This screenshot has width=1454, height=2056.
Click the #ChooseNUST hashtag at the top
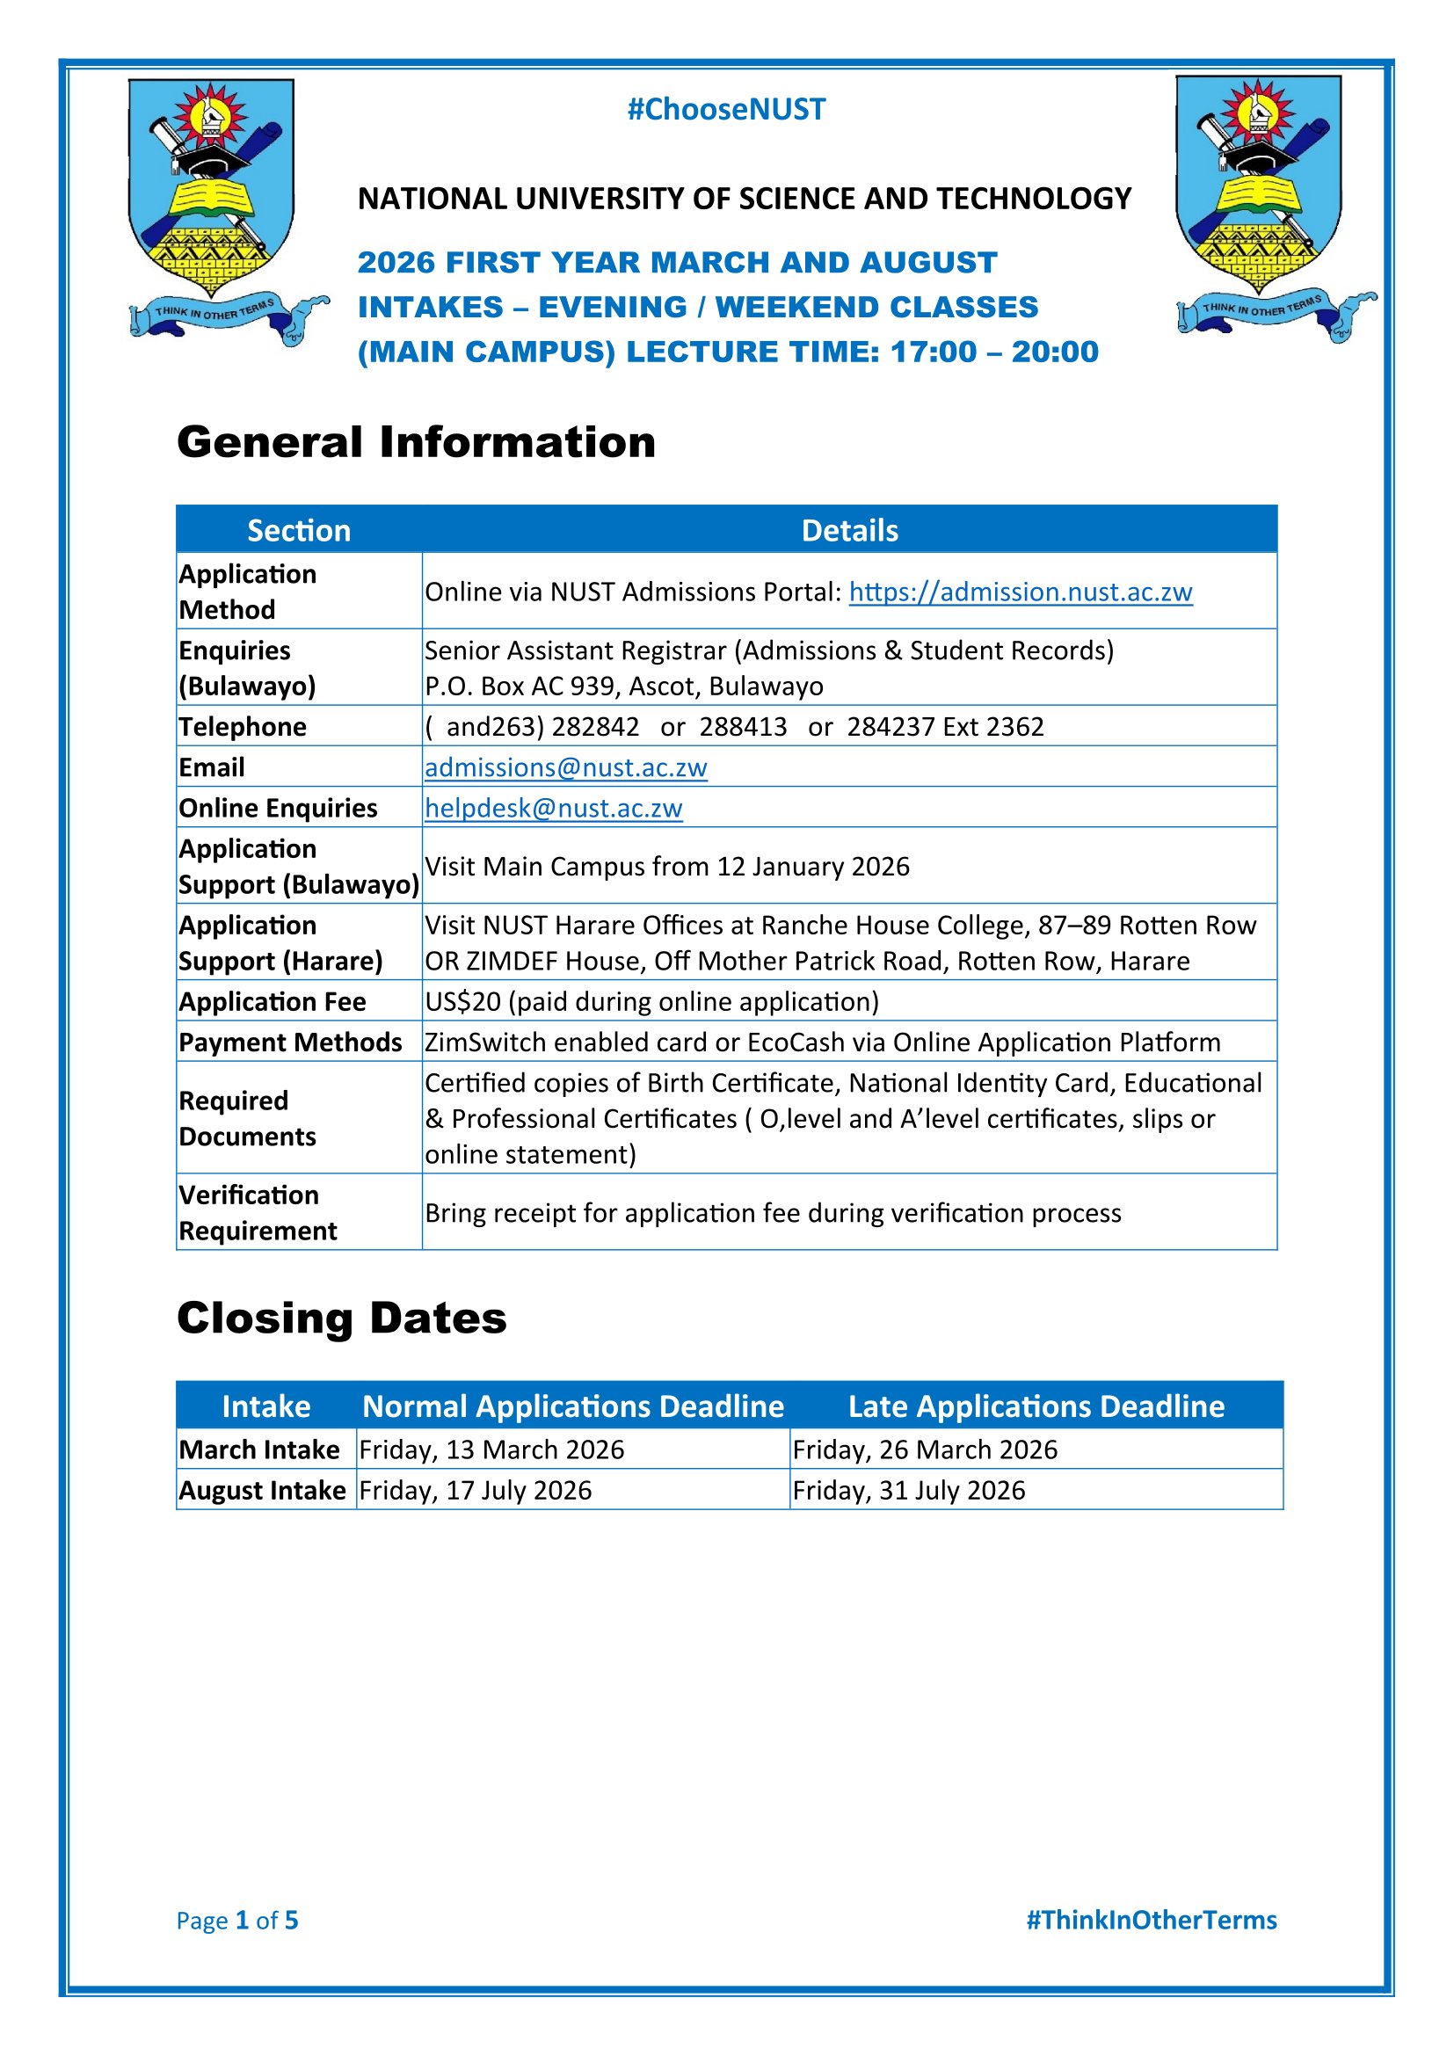726,109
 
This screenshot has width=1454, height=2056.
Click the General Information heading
417,442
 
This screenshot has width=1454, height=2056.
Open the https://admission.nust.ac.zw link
1021,592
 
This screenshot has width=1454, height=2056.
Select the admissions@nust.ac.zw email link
566,767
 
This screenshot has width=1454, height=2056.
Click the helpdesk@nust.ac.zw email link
553,808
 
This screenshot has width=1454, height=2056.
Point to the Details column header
849,530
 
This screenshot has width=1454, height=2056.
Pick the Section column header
299,530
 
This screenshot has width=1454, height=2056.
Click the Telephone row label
243,726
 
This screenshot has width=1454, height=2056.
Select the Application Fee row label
273,1001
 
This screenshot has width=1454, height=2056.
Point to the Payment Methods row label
290,1042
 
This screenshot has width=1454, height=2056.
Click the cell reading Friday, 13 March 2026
491,1449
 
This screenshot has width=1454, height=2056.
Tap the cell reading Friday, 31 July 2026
909,1490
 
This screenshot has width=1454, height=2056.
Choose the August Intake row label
262,1490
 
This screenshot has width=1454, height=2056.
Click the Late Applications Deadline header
1036,1406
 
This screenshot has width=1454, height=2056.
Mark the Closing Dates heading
342,1319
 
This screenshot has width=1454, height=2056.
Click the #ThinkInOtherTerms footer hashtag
1152,1920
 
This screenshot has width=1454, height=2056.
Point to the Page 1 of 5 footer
237,1920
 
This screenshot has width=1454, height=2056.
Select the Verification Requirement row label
258,1212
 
